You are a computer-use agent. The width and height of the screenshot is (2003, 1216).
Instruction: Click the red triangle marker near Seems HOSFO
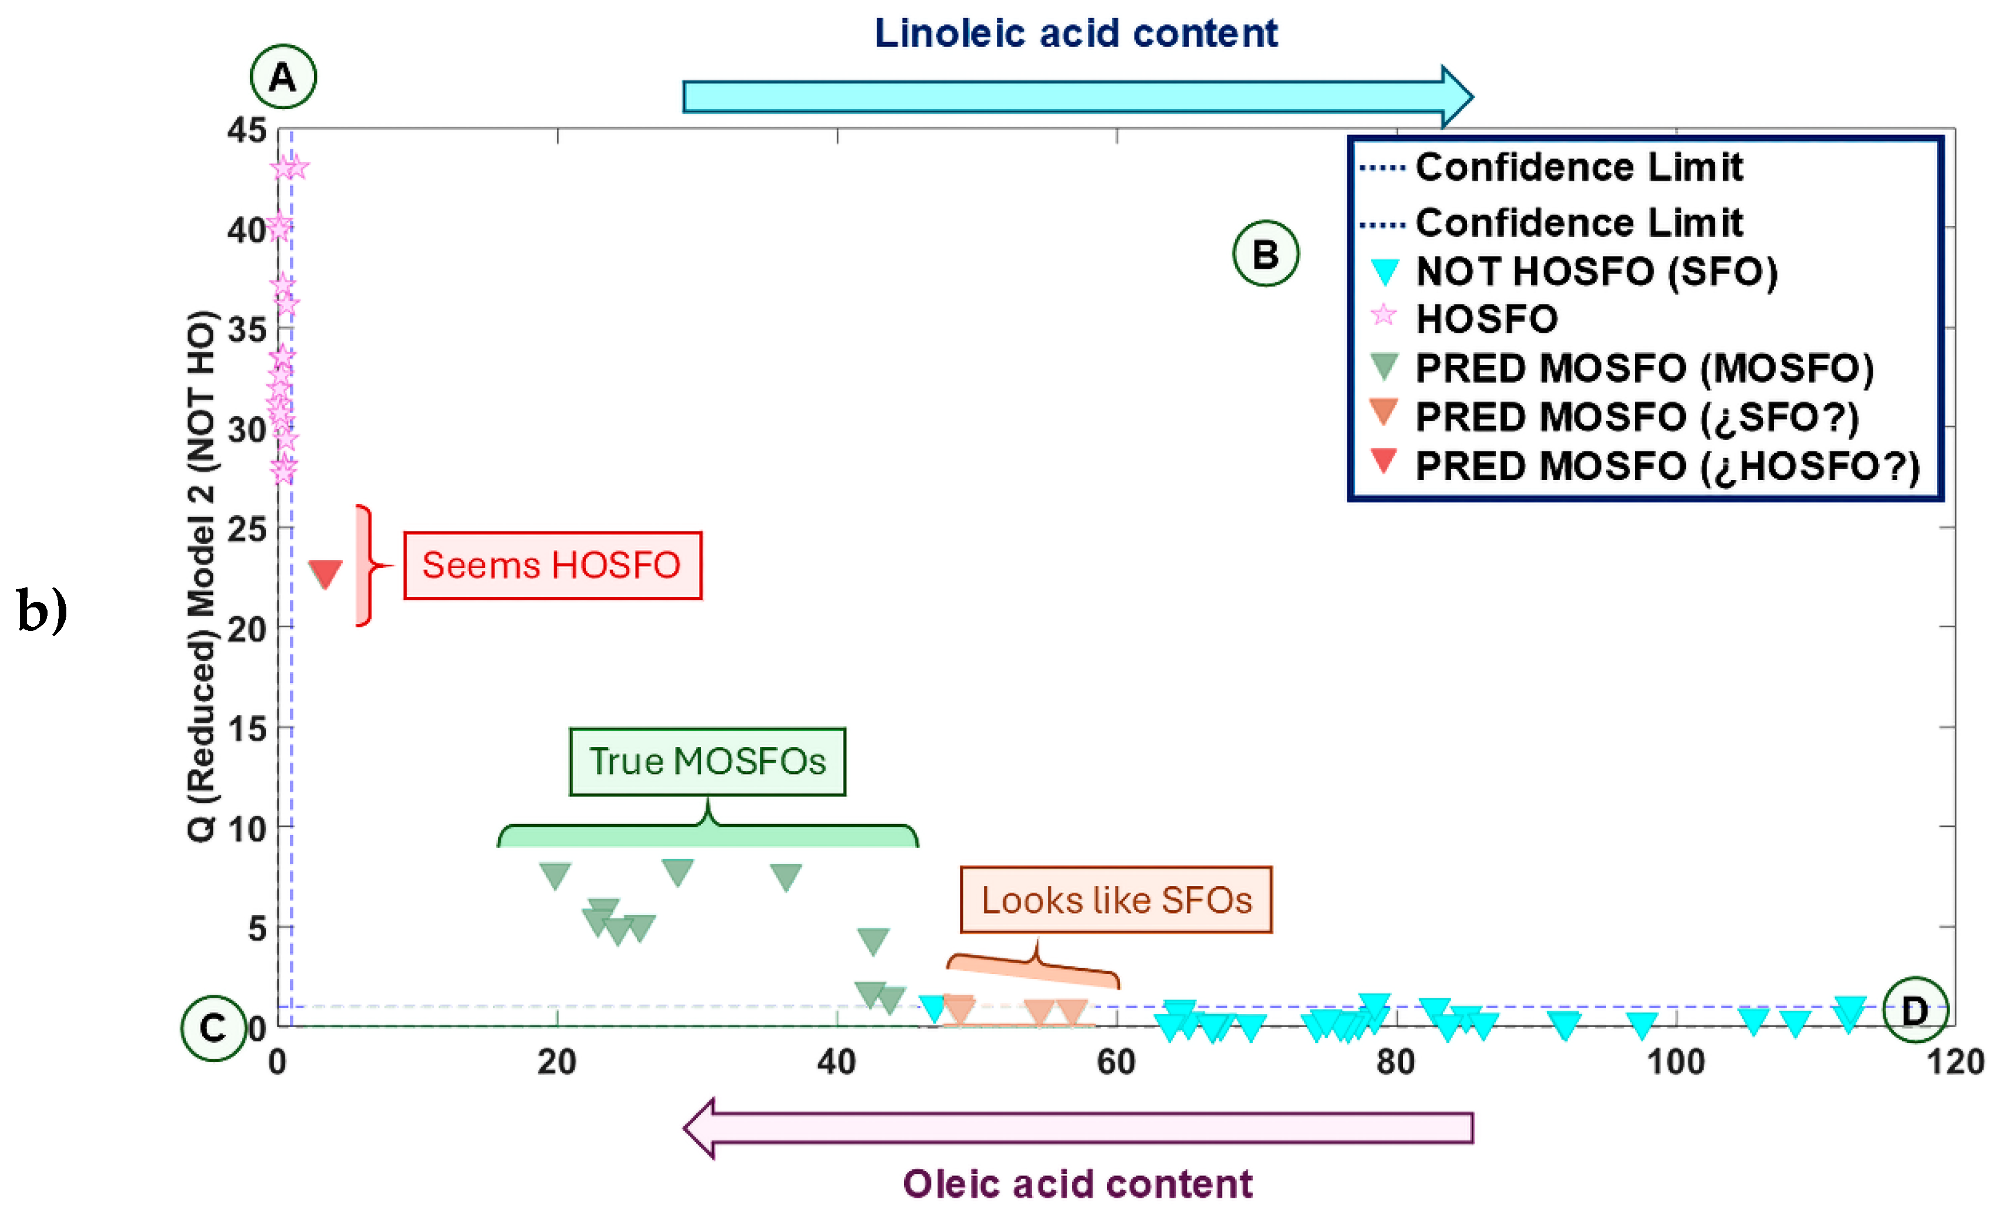coord(325,573)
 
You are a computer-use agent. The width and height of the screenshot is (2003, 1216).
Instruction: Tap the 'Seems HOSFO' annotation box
coord(552,566)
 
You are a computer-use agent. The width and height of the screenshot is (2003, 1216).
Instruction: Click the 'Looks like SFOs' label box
coord(1115,900)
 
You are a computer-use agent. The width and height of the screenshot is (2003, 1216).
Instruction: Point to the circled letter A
coord(283,77)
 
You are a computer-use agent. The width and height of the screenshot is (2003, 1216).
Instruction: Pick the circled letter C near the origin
coord(213,1028)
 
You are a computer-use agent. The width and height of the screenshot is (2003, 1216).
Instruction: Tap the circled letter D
coord(1914,1011)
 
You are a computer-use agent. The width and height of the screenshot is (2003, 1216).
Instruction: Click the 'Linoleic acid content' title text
coord(1075,33)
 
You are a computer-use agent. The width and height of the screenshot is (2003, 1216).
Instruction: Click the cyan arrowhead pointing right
coord(1456,97)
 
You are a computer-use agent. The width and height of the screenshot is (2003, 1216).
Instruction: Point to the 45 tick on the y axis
coord(247,130)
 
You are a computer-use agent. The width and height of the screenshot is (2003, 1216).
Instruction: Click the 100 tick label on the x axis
coord(1675,1062)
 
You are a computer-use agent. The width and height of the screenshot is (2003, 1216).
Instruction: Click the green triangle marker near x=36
coord(785,876)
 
